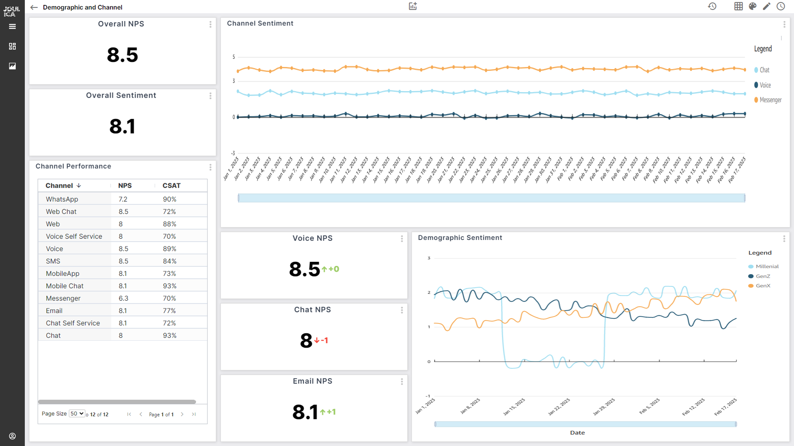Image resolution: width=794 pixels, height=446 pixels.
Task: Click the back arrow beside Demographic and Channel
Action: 34,7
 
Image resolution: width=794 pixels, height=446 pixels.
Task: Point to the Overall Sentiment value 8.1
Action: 122,127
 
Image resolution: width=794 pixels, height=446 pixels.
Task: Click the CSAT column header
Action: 171,186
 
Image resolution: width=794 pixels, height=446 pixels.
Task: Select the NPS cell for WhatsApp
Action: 123,199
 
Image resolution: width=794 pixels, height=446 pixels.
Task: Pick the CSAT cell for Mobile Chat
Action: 169,286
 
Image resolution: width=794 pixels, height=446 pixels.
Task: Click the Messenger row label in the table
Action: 63,298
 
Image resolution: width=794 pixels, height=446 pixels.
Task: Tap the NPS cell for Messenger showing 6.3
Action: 123,298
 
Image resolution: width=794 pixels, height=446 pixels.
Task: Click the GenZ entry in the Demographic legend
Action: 763,276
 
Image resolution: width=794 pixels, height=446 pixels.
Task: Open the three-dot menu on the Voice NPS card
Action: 402,239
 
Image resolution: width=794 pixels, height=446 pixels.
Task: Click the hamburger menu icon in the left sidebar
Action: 12,26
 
